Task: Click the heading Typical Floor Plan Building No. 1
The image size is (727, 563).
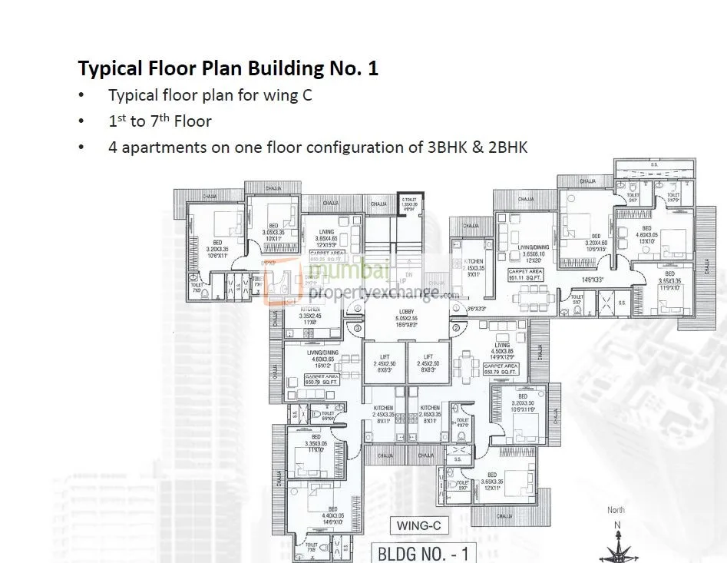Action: pos(228,68)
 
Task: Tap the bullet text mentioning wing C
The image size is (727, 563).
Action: pos(210,96)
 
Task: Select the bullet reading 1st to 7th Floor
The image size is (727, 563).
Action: pos(160,121)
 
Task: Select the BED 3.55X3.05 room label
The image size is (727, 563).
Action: pos(670,280)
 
